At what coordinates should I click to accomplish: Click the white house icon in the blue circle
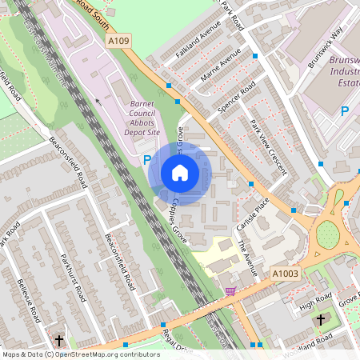[x=180, y=173]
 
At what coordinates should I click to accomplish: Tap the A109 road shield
[x=118, y=39]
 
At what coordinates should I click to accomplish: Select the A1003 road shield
[x=284, y=273]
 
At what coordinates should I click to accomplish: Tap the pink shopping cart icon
[x=231, y=291]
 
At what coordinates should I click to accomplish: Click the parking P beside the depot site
[x=147, y=160]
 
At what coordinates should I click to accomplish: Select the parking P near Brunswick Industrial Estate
[x=346, y=111]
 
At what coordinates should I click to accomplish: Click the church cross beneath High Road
[x=321, y=319]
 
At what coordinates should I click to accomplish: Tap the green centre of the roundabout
[x=327, y=234]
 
